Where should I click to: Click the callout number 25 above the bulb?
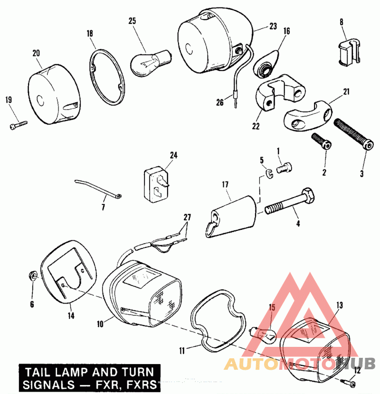point(132,20)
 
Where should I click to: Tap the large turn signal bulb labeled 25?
point(151,63)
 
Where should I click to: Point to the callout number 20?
point(36,53)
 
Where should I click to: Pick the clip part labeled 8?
point(349,52)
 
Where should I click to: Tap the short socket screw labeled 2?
point(321,142)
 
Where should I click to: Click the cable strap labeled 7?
point(98,190)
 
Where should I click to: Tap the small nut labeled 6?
point(33,276)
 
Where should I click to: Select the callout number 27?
point(187,217)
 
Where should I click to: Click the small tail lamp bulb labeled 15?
point(263,335)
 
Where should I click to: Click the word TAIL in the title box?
point(38,373)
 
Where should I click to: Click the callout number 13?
point(339,305)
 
